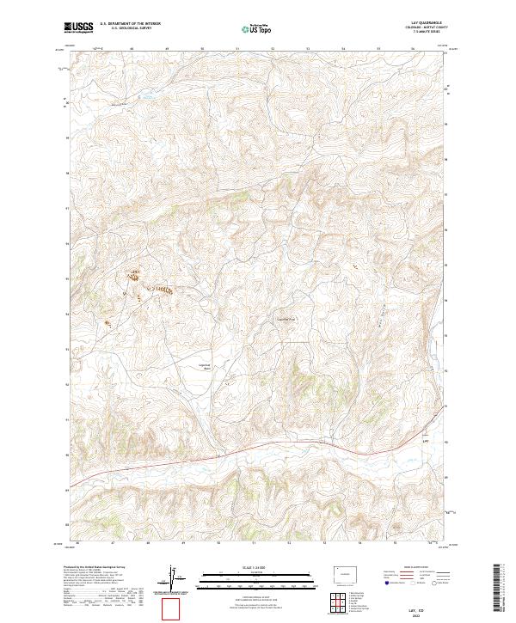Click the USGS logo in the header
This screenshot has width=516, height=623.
[x=80, y=28]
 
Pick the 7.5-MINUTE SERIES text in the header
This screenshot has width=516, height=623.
[x=425, y=34]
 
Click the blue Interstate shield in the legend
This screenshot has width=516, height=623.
[x=386, y=582]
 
